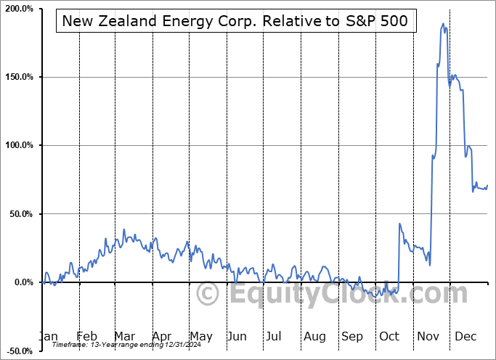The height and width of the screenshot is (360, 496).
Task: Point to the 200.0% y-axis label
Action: [x=18, y=9]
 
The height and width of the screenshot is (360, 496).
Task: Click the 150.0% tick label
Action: [x=18, y=77]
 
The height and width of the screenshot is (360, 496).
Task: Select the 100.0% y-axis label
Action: [x=18, y=145]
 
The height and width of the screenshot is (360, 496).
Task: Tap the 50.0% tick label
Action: [x=20, y=214]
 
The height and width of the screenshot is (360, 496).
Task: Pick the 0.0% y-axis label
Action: [x=22, y=282]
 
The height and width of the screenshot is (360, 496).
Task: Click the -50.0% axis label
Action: [x=18, y=351]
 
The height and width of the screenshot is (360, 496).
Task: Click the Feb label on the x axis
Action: [x=86, y=337]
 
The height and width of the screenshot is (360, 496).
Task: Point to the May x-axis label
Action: [x=200, y=337]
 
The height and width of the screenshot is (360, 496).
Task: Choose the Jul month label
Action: [x=274, y=337]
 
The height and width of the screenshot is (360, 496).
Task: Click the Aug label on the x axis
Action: [x=314, y=337]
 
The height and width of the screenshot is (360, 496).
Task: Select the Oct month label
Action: [x=390, y=337]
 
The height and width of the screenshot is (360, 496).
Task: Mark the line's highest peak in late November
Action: [x=443, y=24]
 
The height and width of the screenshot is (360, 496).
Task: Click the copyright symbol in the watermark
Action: [x=208, y=294]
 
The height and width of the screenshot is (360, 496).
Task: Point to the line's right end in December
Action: [x=487, y=185]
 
